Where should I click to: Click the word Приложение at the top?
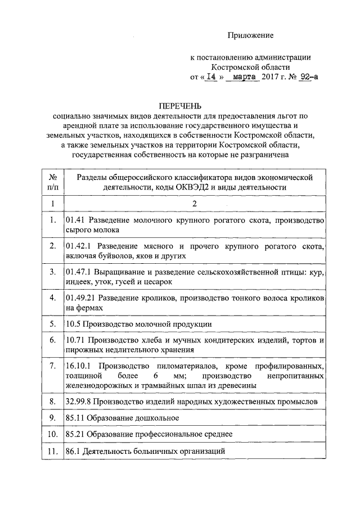point(250,35)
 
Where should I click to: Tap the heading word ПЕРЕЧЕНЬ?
point(180,105)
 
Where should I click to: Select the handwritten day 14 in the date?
point(211,78)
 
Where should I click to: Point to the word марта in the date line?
point(244,78)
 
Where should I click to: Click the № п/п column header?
point(52,182)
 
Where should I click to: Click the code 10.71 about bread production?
point(75,340)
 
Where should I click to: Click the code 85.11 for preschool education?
point(75,418)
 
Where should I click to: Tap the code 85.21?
point(75,435)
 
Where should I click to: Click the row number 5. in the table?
point(52,323)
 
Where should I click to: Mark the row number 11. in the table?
point(52,452)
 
